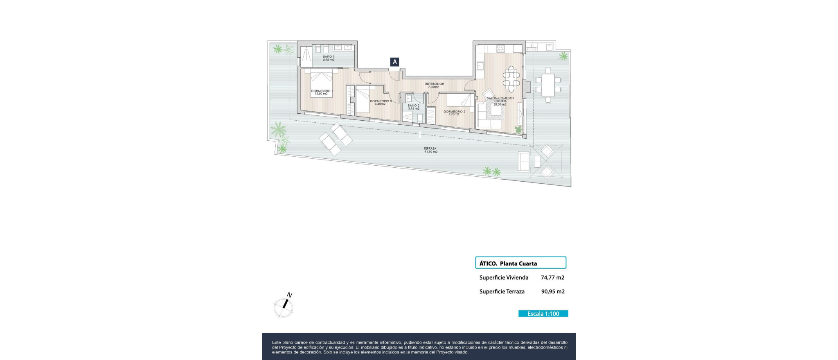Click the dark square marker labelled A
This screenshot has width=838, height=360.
(x=395, y=62)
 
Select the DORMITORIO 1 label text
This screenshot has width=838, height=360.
(x=322, y=92)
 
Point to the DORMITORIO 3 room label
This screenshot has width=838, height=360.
(x=381, y=102)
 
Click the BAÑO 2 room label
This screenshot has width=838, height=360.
(x=414, y=107)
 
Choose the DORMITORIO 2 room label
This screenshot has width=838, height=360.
(x=454, y=112)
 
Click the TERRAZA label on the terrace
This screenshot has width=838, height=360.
(x=430, y=150)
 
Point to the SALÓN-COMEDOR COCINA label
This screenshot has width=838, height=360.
(x=500, y=101)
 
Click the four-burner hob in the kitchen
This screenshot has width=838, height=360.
(x=501, y=49)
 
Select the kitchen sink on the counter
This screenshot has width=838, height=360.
(x=480, y=65)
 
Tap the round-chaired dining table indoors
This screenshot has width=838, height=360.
(x=511, y=79)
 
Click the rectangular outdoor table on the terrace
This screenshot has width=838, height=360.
(x=548, y=85)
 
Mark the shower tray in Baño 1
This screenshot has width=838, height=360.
(x=306, y=56)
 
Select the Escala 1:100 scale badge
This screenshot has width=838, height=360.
(x=543, y=314)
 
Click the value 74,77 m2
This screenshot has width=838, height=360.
(x=552, y=277)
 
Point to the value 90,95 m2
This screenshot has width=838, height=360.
(x=552, y=292)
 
